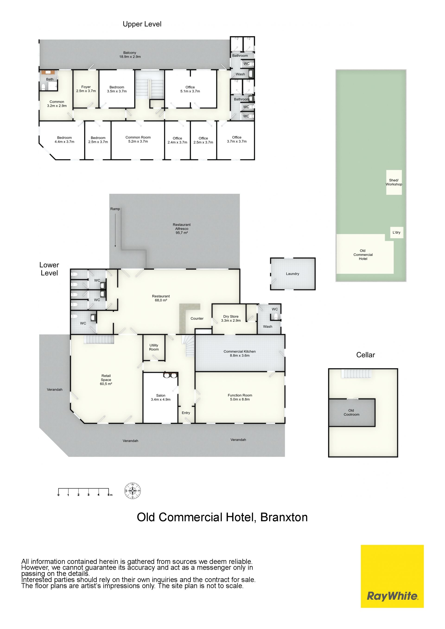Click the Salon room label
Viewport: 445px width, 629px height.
click(161, 397)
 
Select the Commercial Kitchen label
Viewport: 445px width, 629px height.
click(240, 353)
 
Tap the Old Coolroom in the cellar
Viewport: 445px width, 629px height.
click(352, 412)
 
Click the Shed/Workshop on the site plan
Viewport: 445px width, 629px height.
click(394, 182)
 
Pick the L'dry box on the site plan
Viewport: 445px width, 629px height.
click(397, 232)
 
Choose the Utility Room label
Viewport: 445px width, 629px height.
click(154, 347)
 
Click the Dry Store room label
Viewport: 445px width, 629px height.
click(231, 318)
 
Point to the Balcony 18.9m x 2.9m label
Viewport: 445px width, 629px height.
click(130, 54)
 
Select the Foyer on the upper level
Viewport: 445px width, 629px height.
click(86, 89)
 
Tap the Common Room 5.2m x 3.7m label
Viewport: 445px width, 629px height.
click(138, 139)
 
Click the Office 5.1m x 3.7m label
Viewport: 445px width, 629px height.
click(190, 89)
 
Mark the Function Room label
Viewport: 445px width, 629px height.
click(240, 397)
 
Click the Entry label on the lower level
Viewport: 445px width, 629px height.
click(186, 413)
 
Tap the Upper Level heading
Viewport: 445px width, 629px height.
click(142, 24)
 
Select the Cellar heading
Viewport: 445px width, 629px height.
click(366, 355)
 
